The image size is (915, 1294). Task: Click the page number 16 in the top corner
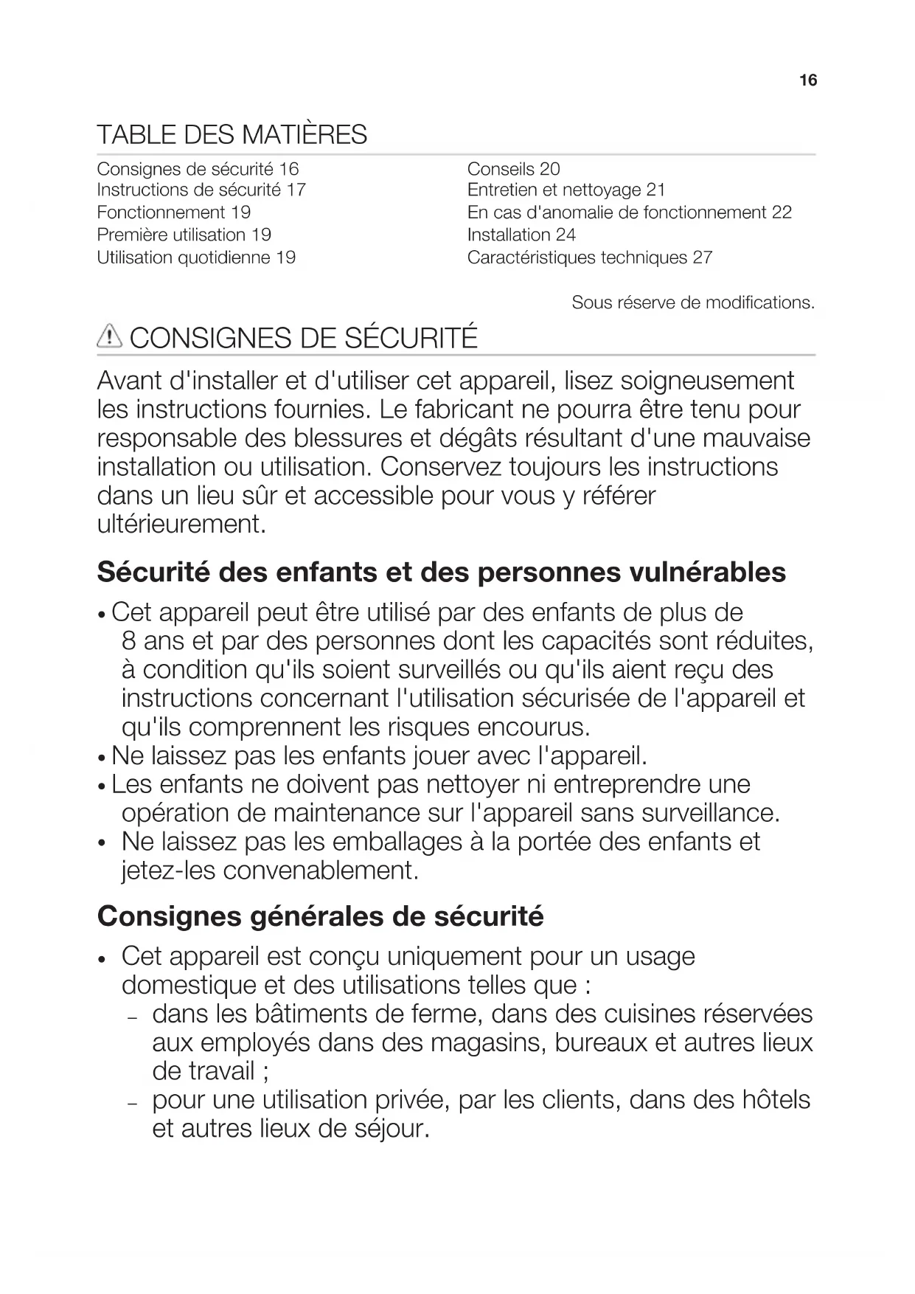(808, 80)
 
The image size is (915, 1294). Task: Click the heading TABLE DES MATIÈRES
(232, 135)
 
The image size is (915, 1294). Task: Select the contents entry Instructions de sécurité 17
(201, 190)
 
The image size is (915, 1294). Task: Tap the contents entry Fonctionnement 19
(173, 212)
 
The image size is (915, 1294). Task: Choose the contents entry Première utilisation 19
(184, 235)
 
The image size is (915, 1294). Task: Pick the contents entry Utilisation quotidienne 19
(196, 257)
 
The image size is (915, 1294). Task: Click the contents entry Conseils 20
(513, 169)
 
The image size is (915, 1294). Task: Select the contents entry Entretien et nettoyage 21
(566, 190)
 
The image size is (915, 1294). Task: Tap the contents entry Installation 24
(521, 235)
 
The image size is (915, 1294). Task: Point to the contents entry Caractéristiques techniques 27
(589, 257)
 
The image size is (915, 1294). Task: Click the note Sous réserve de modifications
(692, 302)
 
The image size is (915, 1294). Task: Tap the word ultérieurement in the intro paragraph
(181, 525)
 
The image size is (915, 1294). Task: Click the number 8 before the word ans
(129, 641)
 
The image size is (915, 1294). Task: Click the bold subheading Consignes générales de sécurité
(320, 916)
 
